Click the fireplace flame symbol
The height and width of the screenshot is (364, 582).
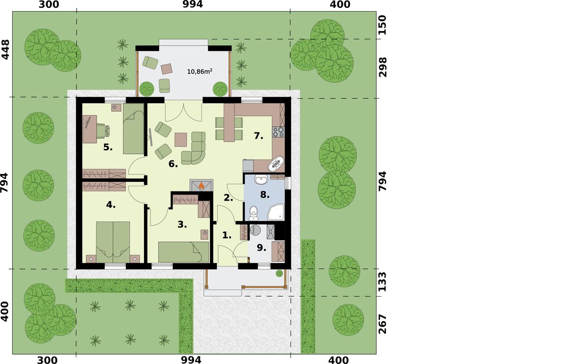(x=201, y=186)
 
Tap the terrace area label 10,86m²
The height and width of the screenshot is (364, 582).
(x=200, y=71)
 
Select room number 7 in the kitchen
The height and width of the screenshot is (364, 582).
(x=259, y=136)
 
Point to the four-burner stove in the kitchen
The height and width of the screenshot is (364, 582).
(x=278, y=132)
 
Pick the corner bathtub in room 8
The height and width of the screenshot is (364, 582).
(x=276, y=212)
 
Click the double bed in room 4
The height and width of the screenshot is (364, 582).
(x=113, y=242)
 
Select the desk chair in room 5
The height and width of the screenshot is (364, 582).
(x=103, y=130)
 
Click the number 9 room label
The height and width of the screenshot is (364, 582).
(x=261, y=248)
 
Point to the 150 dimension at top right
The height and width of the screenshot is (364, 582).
(x=382, y=25)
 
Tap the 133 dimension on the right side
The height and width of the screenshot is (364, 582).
(x=382, y=282)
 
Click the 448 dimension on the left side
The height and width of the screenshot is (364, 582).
(x=5, y=49)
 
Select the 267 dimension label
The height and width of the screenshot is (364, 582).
(x=382, y=324)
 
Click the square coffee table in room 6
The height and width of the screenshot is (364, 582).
(x=180, y=140)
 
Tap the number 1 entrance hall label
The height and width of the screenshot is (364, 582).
(x=227, y=235)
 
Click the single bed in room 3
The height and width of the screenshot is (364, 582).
(x=184, y=252)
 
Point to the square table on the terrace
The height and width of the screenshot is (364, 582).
(x=166, y=69)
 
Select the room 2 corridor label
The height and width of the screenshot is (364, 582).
(x=228, y=198)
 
